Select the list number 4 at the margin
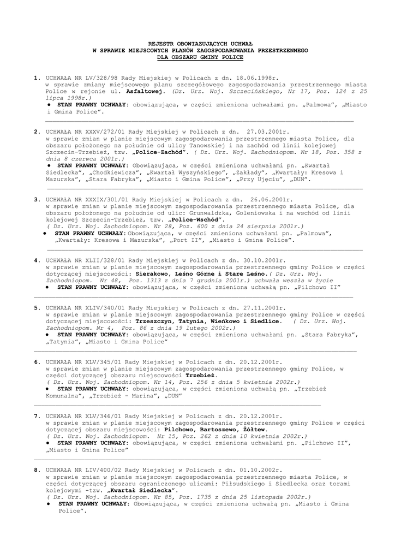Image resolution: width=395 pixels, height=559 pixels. coord(36,261)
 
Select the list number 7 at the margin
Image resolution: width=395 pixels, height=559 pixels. coord(36,416)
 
